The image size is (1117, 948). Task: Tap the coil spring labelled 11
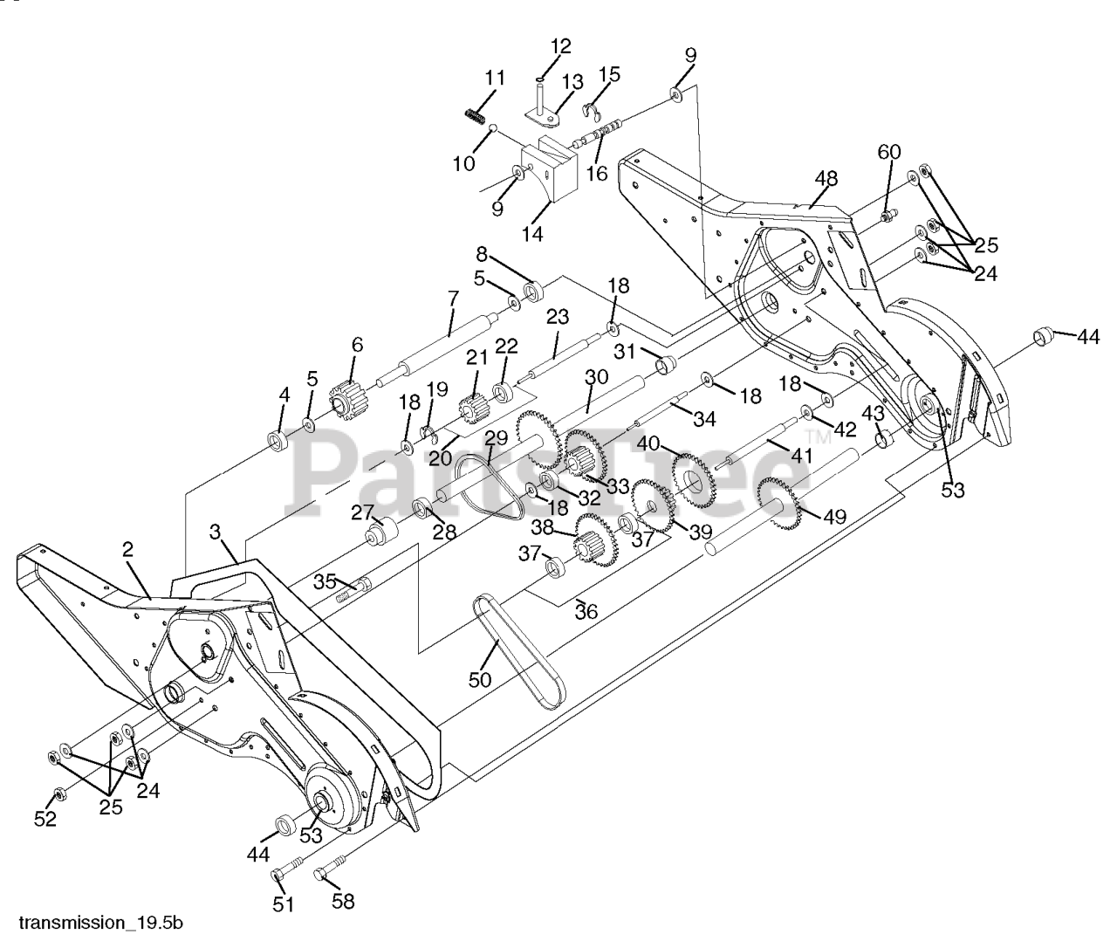(475, 114)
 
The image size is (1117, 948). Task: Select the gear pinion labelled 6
(347, 402)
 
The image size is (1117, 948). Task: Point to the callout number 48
(826, 179)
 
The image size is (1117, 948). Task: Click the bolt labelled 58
(324, 872)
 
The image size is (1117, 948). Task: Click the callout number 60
(888, 152)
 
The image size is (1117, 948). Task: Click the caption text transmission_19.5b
(101, 923)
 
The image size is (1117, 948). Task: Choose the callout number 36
(586, 612)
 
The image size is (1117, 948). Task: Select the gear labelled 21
(473, 407)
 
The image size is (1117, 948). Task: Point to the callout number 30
(596, 378)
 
